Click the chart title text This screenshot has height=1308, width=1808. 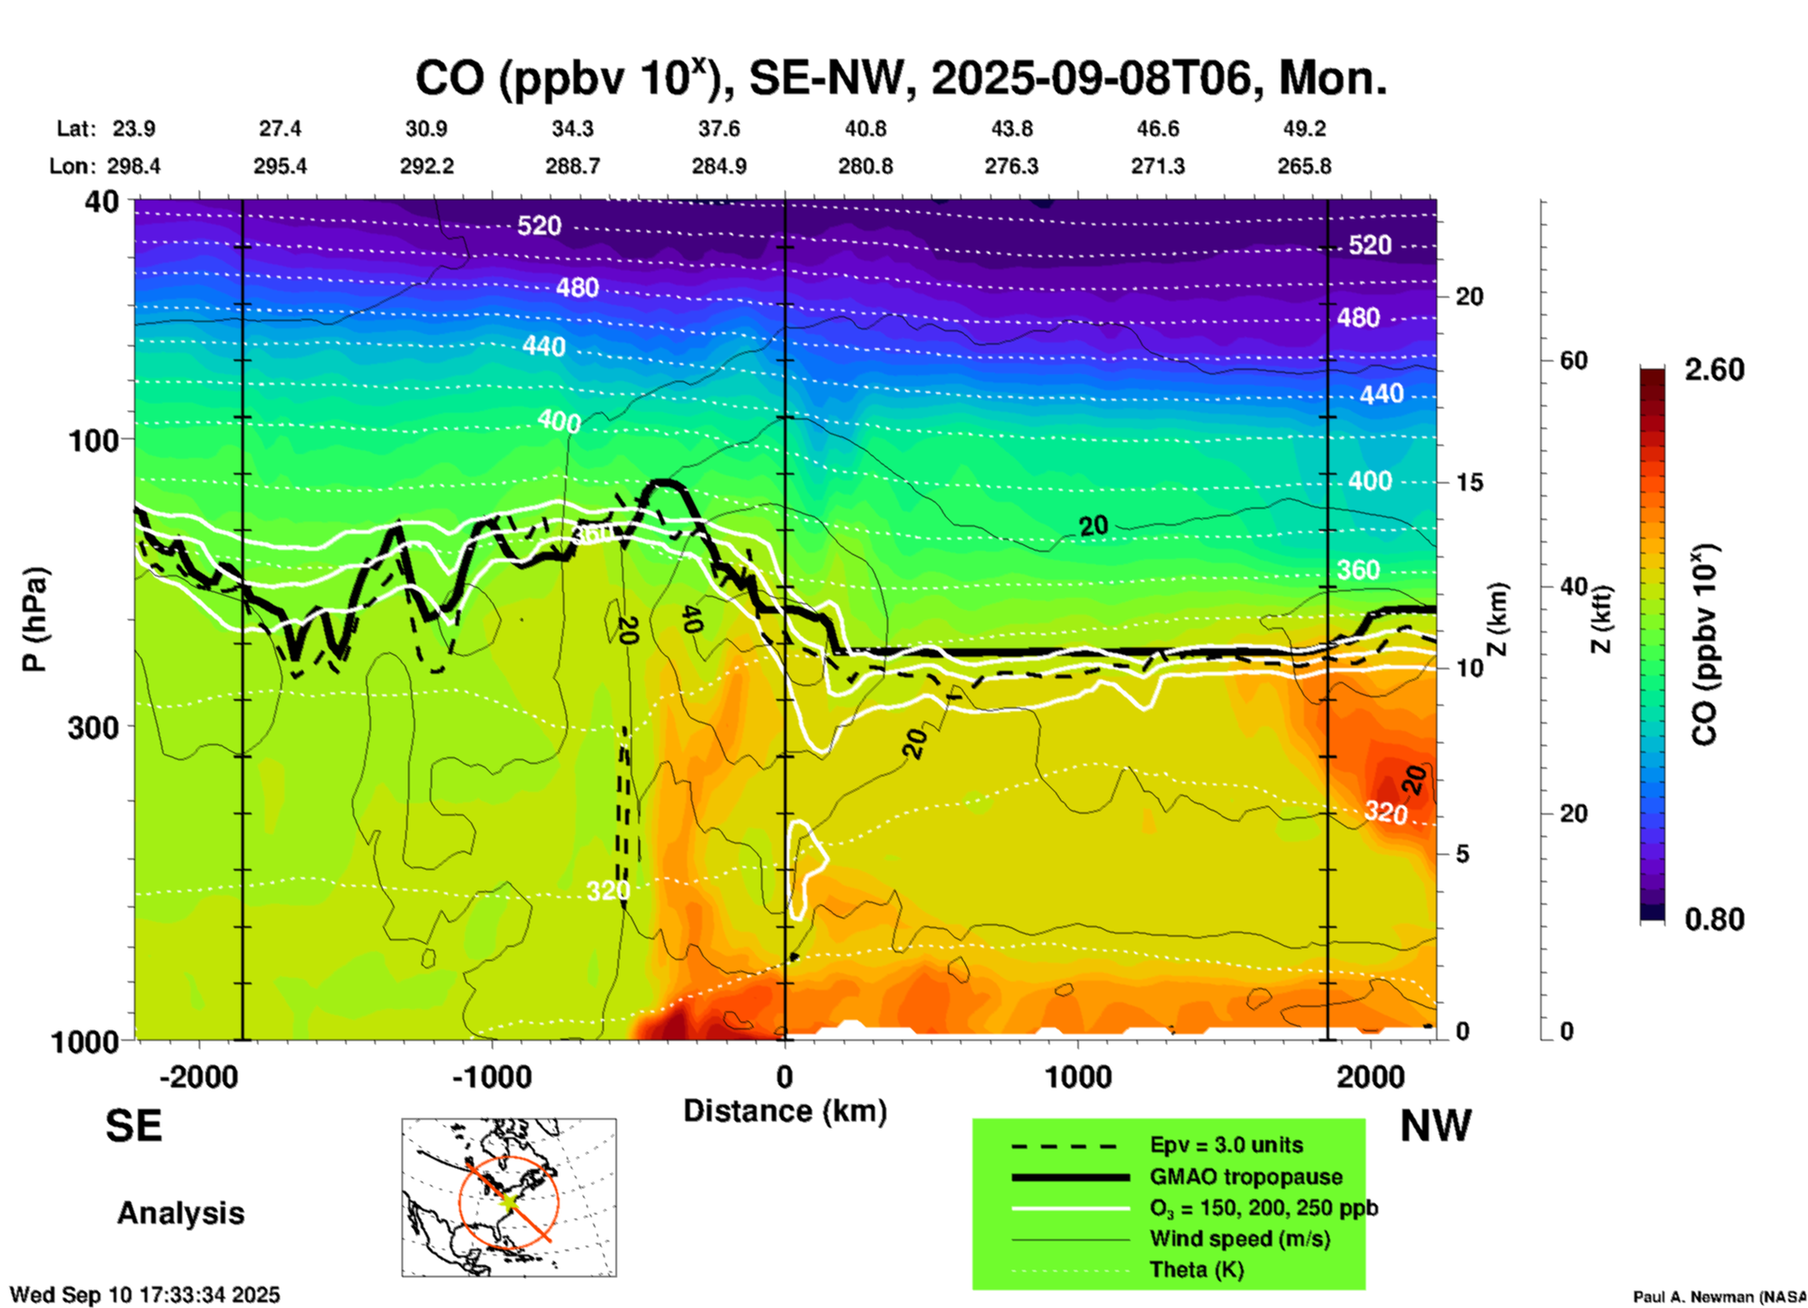point(900,79)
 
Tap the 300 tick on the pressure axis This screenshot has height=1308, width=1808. point(94,727)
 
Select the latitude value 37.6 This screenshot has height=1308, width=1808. point(719,129)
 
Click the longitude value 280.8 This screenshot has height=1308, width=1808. point(866,166)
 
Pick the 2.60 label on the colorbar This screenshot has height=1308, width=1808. point(1714,370)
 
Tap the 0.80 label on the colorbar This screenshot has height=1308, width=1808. point(1714,919)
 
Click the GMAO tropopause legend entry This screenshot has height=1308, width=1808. point(1246,1177)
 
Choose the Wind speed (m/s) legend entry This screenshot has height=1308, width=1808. point(1239,1239)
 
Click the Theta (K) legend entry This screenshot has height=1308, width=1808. point(1196,1270)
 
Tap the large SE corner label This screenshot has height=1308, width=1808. point(133,1125)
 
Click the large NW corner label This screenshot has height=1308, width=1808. point(1435,1125)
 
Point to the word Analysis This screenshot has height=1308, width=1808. point(180,1212)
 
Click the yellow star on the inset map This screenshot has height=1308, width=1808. point(509,1200)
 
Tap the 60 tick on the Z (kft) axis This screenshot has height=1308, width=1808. point(1573,360)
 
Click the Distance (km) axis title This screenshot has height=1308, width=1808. point(785,1111)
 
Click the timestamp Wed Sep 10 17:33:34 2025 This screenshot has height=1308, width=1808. point(145,1295)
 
